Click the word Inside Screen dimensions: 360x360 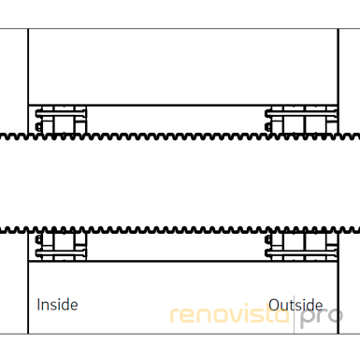(x=57, y=305)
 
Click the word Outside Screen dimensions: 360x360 (x=295, y=305)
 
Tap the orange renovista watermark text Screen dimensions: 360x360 (x=229, y=314)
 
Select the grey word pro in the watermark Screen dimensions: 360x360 (x=321, y=317)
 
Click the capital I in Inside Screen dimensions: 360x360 (x=38, y=305)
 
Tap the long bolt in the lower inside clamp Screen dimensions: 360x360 (x=61, y=252)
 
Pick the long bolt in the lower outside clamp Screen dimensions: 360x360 (x=301, y=252)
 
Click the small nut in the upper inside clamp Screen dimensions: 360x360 (x=38, y=127)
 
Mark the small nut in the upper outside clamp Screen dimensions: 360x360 (x=267, y=127)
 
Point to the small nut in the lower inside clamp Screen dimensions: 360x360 (x=38, y=239)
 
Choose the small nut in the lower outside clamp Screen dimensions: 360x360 (x=267, y=239)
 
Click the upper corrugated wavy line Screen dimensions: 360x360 (x=180, y=137)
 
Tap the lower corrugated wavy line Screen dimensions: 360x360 (x=180, y=231)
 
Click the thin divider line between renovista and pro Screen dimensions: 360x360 (x=294, y=315)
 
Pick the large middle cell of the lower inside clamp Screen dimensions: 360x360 (x=65, y=241)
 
